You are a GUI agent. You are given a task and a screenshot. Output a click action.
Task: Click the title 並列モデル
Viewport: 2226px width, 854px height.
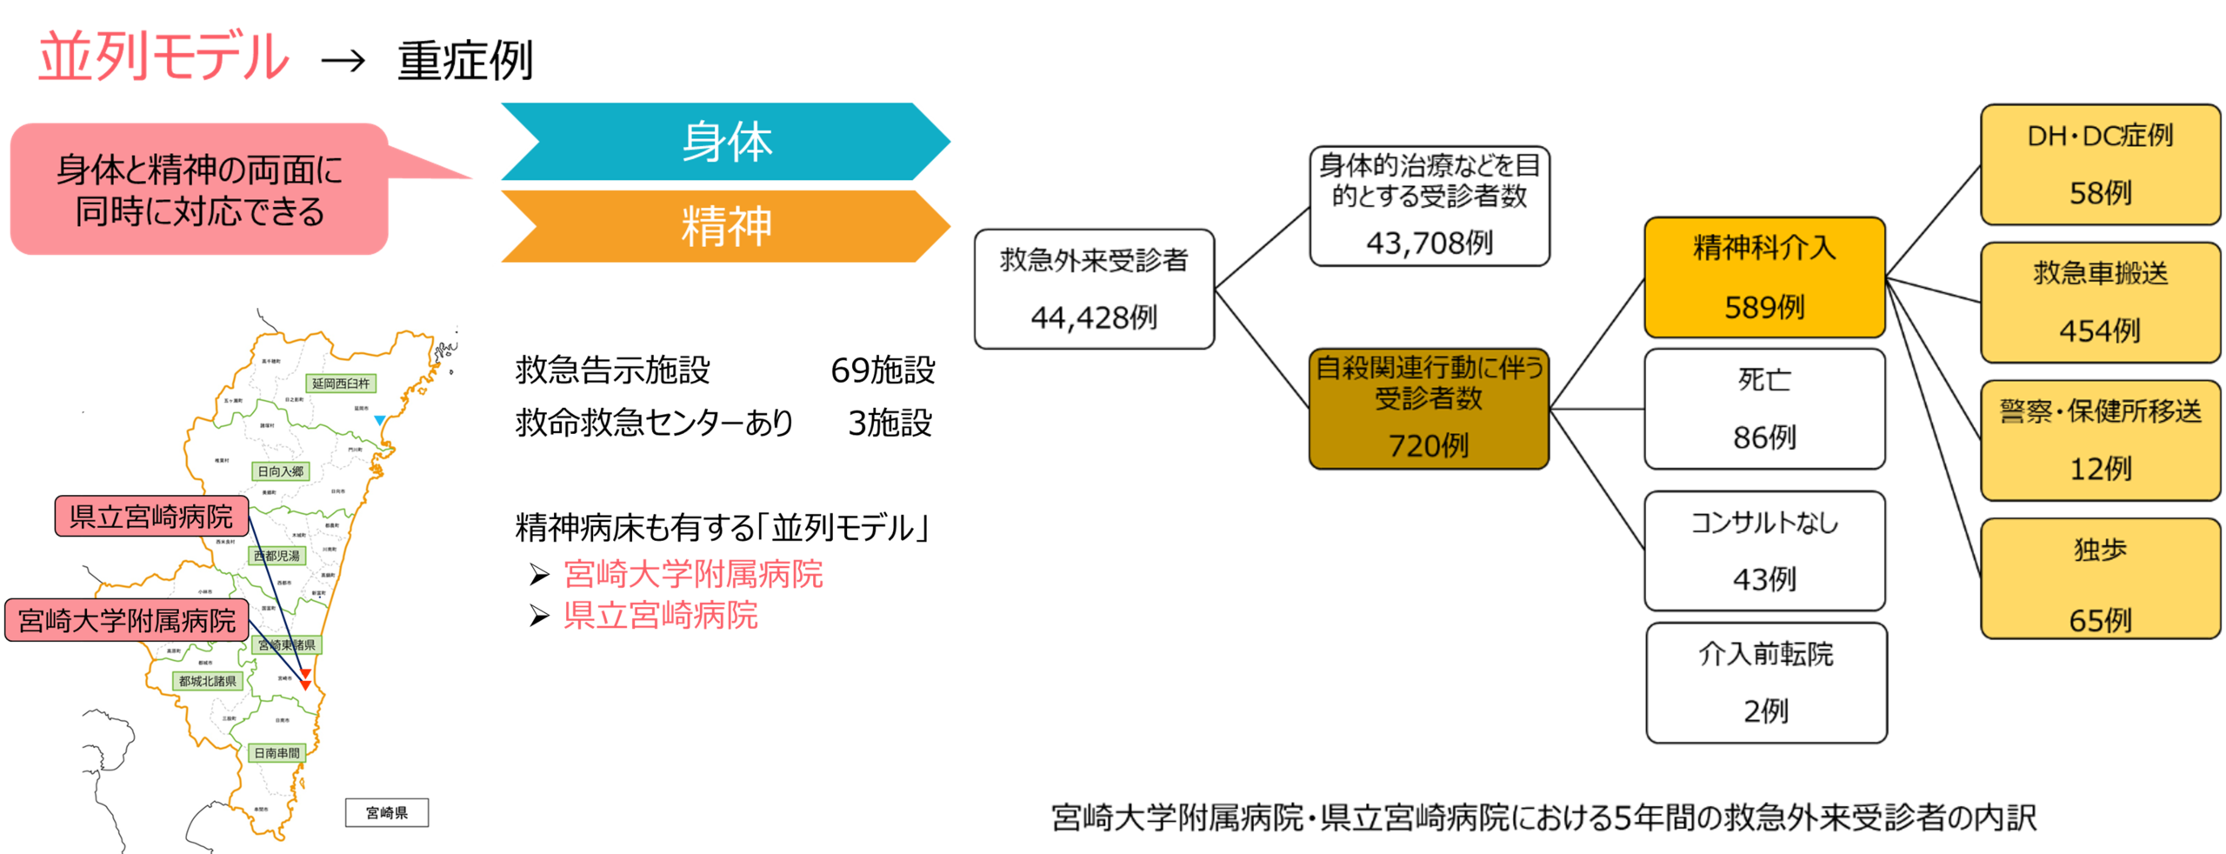(x=163, y=57)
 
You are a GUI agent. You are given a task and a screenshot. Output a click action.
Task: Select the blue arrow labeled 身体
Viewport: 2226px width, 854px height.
(x=726, y=142)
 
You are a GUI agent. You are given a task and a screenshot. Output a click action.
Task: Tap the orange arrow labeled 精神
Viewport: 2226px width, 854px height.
(x=726, y=226)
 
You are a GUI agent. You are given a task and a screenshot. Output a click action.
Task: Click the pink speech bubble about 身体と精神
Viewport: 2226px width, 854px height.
(x=199, y=190)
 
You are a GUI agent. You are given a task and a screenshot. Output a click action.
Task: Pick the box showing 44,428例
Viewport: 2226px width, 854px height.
(x=1094, y=289)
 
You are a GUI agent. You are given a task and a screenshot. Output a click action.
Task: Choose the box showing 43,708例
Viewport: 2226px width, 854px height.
(x=1429, y=205)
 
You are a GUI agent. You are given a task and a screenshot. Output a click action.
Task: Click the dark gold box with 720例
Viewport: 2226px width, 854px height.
(x=1429, y=408)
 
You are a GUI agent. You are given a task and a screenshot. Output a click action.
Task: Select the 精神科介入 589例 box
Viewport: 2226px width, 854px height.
(x=1764, y=277)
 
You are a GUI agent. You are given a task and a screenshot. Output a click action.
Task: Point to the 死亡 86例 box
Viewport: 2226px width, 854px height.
(x=1764, y=409)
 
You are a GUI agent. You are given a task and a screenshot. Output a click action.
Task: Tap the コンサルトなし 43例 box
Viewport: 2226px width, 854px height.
(x=1764, y=550)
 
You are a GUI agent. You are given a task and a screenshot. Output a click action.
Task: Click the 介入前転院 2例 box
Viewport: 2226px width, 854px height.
(x=1766, y=683)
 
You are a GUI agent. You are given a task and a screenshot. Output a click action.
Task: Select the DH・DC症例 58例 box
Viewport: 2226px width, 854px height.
(x=2100, y=164)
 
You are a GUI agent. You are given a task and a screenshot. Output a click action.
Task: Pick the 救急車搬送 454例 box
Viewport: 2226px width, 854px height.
(x=2100, y=302)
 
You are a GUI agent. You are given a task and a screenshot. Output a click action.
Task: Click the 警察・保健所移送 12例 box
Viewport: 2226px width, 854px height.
(x=2100, y=440)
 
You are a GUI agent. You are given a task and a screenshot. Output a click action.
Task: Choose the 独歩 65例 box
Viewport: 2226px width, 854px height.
(x=2100, y=578)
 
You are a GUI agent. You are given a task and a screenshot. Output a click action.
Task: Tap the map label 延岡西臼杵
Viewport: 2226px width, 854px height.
(x=341, y=384)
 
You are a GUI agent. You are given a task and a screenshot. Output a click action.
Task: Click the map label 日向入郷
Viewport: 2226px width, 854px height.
(x=280, y=471)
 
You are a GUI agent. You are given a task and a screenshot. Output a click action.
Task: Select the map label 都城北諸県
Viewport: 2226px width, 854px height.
(x=207, y=681)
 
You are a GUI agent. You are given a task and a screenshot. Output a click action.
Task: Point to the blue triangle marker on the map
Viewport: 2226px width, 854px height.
(x=380, y=420)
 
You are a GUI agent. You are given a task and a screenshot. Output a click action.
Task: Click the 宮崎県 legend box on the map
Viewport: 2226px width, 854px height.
(x=387, y=812)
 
